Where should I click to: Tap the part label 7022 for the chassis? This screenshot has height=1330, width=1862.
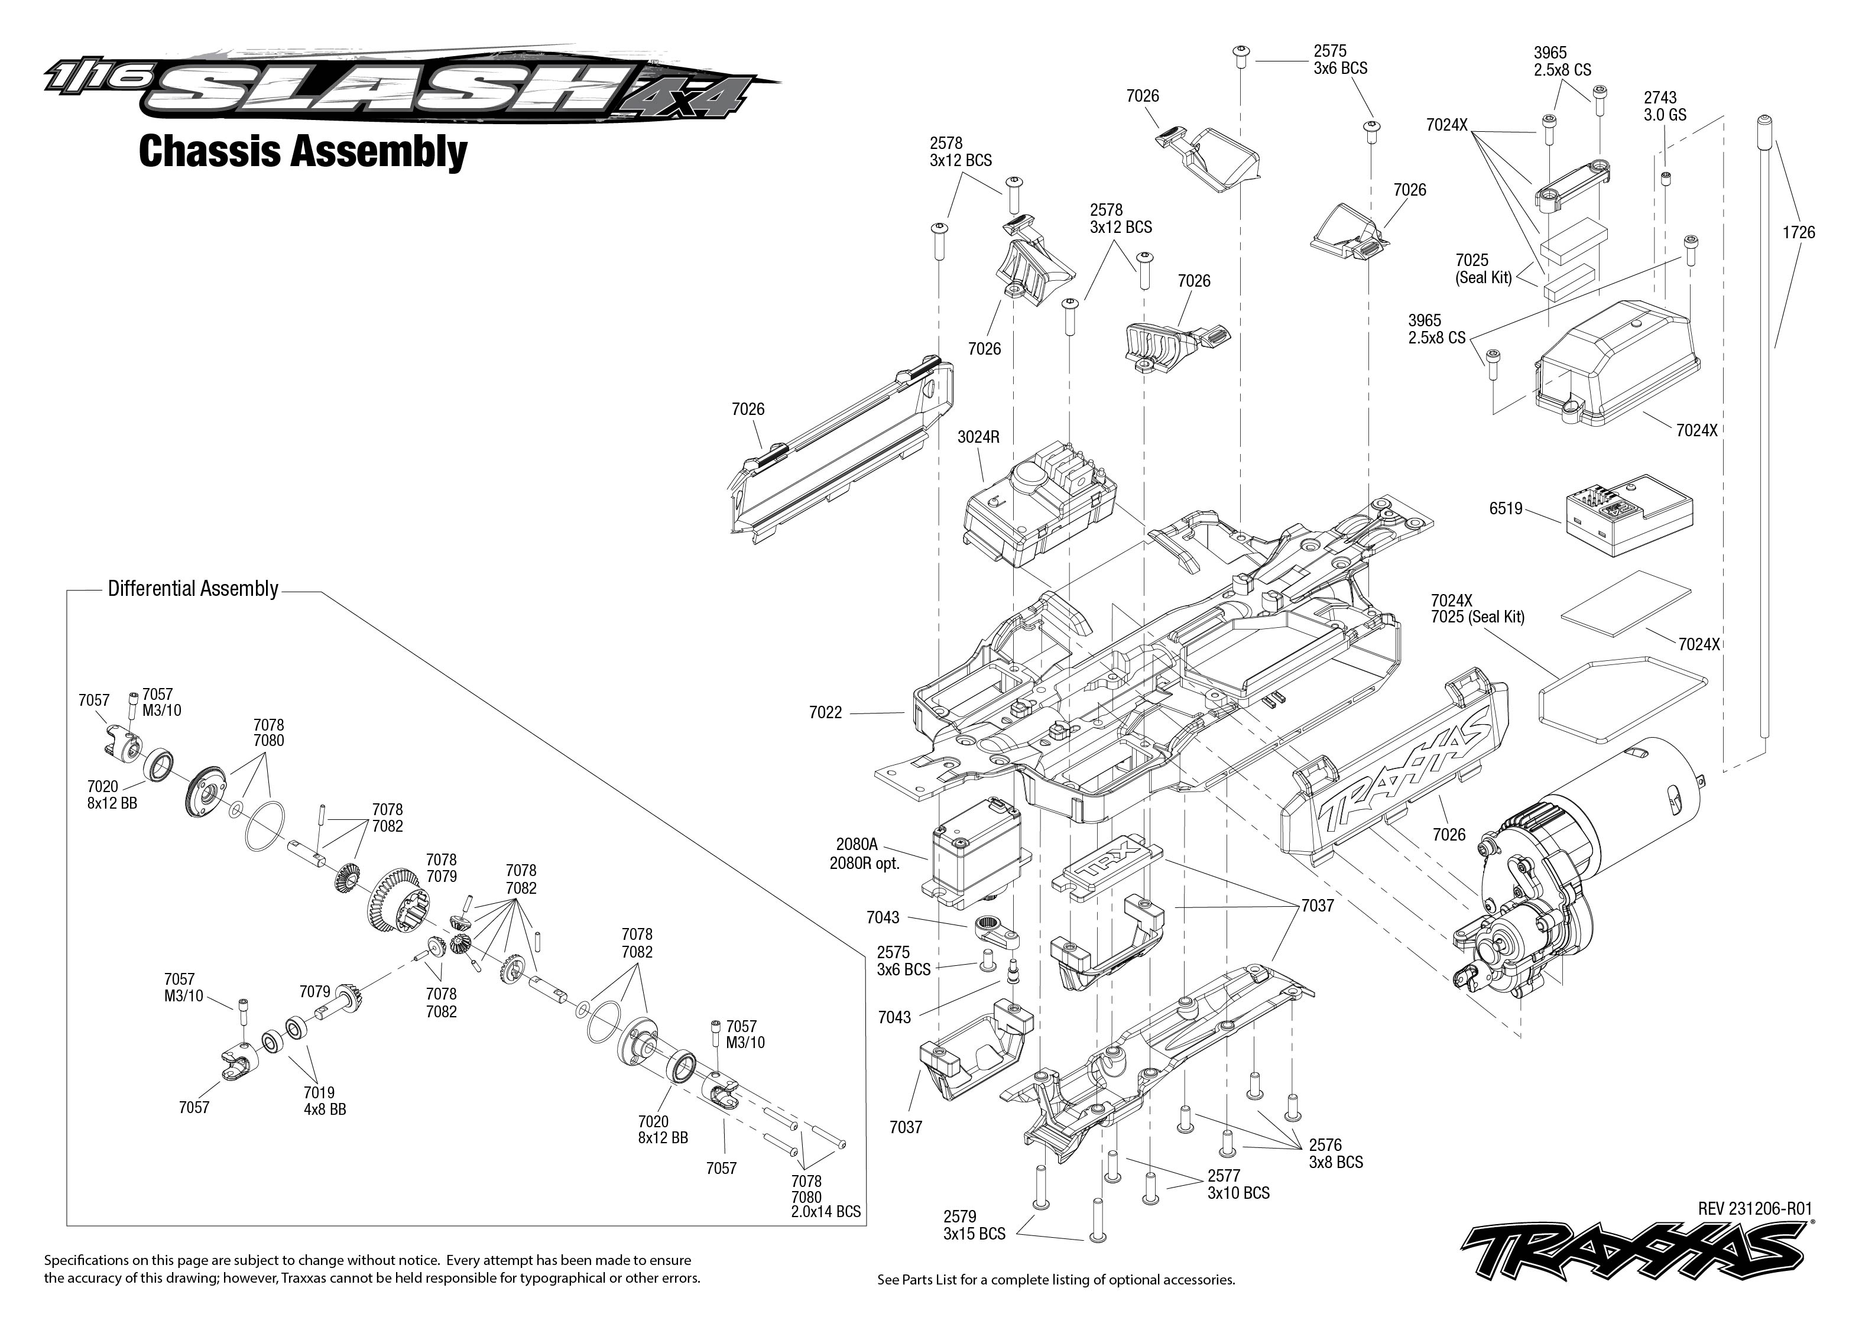pyautogui.click(x=825, y=712)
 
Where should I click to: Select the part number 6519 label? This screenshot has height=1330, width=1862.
pyautogui.click(x=1505, y=508)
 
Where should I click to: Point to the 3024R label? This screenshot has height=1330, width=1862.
pyautogui.click(x=978, y=437)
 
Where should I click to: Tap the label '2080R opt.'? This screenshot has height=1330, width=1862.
pyautogui.click(x=864, y=863)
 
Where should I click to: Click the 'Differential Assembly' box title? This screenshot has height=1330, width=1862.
pyautogui.click(x=193, y=589)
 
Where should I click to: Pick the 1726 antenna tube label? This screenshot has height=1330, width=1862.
pyautogui.click(x=1798, y=232)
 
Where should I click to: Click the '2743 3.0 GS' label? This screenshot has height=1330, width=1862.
pyautogui.click(x=1665, y=106)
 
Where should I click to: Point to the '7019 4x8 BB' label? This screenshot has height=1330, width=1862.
pyautogui.click(x=325, y=1101)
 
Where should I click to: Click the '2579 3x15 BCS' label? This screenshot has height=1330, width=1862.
pyautogui.click(x=974, y=1225)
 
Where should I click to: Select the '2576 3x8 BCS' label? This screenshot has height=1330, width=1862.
pyautogui.click(x=1335, y=1154)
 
